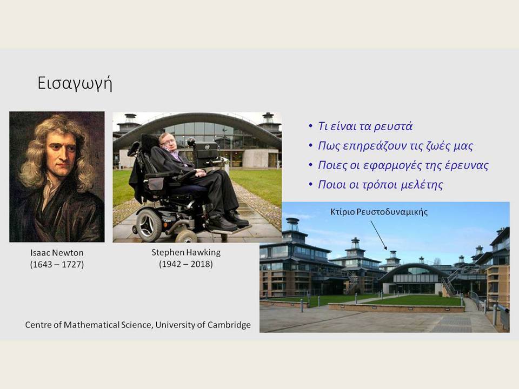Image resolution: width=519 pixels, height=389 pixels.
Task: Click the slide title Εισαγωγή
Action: tap(75, 83)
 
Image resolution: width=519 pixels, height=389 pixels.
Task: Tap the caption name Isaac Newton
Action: tap(57, 253)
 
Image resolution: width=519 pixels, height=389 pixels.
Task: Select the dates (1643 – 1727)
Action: tap(57, 265)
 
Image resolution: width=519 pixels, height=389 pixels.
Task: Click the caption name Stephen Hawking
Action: tap(186, 252)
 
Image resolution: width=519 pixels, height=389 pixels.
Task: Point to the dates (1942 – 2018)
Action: tap(186, 264)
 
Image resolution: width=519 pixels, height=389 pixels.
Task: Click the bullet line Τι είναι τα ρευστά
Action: tap(365, 126)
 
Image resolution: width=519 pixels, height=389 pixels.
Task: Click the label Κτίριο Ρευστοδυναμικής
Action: tap(379, 212)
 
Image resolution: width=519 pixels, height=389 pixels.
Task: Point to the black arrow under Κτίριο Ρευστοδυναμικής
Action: tap(378, 235)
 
